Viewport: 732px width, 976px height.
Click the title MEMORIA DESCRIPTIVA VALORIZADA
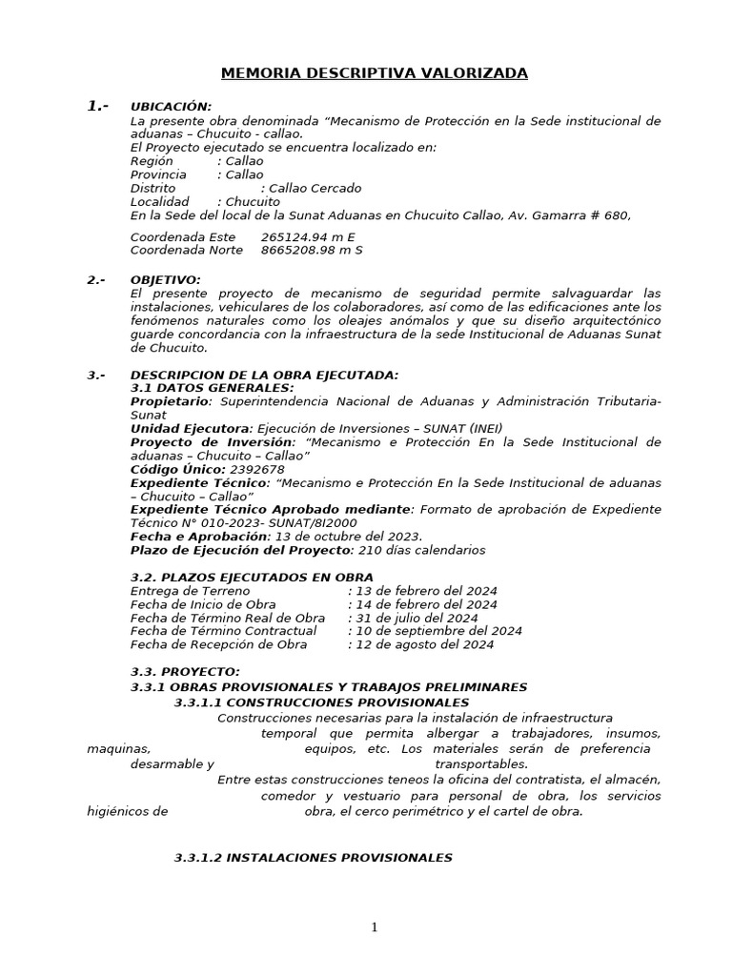tap(374, 73)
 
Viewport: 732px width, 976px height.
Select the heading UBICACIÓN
tap(171, 107)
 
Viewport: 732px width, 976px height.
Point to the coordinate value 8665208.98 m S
tap(312, 251)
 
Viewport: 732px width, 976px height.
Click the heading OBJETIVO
tap(165, 280)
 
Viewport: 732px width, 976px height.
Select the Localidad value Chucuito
tap(252, 202)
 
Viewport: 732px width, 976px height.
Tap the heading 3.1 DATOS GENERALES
tap(212, 389)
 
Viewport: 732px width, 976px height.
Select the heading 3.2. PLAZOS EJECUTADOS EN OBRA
tap(252, 578)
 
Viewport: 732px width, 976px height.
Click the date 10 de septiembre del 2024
tap(438, 631)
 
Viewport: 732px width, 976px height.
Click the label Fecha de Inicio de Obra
tap(203, 604)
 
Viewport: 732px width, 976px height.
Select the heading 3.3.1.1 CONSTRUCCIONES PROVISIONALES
tap(310, 702)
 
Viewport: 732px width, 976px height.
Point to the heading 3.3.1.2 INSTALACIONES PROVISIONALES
tap(313, 858)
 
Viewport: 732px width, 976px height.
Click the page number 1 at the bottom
tap(375, 927)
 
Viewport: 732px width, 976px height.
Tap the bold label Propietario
tap(168, 402)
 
